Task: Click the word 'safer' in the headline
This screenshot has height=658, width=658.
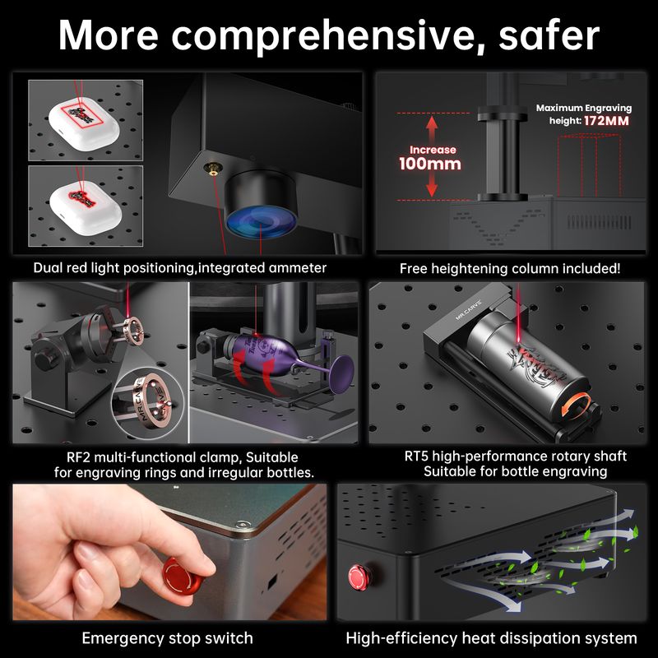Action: [x=549, y=35]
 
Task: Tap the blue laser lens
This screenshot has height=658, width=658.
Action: [x=261, y=221]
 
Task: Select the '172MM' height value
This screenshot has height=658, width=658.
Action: [x=606, y=121]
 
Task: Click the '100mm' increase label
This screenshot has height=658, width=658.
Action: [x=429, y=164]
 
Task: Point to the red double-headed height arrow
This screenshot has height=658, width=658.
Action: [x=432, y=156]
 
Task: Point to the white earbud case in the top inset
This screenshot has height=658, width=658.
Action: [x=85, y=123]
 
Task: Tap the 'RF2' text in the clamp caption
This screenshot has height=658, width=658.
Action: [x=79, y=457]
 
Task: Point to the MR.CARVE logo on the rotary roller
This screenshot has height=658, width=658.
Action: [x=469, y=310]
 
